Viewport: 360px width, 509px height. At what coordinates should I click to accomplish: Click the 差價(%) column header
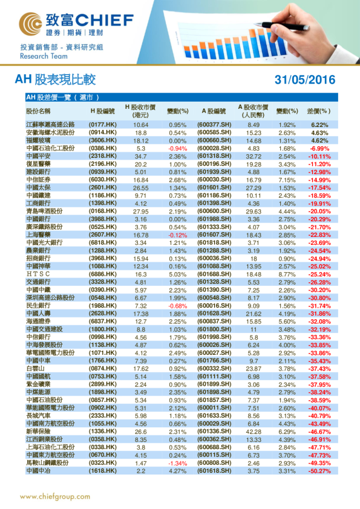tap(319, 111)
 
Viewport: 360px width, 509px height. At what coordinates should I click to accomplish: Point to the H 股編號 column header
tap(102, 111)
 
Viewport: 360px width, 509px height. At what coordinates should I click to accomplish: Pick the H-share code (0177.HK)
tap(103, 124)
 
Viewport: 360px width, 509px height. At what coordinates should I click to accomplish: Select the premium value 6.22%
tap(319, 124)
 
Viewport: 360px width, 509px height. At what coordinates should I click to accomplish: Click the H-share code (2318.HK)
tap(103, 155)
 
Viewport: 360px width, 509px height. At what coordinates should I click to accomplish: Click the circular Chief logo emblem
tap(31, 22)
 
